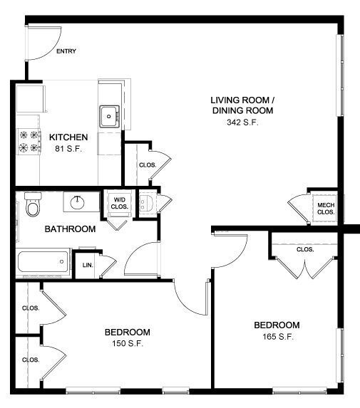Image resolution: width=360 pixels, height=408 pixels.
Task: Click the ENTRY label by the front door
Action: [66, 51]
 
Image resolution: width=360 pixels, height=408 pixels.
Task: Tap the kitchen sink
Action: [109, 116]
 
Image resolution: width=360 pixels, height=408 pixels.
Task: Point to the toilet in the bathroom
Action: [33, 204]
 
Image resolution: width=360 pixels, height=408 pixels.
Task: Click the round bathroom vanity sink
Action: [78, 203]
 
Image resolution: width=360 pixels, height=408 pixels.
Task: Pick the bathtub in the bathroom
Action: [43, 261]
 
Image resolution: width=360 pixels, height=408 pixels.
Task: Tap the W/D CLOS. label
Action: [120, 203]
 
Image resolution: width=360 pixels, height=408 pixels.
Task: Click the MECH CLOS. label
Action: [326, 209]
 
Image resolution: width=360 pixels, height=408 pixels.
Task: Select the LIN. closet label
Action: [88, 265]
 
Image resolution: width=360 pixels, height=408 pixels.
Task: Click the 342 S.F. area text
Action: [242, 122]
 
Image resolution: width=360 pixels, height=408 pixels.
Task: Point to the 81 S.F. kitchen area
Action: [68, 149]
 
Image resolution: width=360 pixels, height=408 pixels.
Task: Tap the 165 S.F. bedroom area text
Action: [278, 337]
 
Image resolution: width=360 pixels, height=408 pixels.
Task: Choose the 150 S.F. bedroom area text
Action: [128, 343]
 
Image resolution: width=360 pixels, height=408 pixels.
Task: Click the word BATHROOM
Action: [70, 229]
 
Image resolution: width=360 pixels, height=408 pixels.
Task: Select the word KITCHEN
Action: [68, 137]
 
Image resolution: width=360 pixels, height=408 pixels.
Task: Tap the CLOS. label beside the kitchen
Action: [148, 165]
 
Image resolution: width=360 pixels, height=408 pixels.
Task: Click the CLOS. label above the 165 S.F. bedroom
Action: [305, 249]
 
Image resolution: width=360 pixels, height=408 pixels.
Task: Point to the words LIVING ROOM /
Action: [243, 100]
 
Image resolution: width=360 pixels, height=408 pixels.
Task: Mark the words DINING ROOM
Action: [243, 110]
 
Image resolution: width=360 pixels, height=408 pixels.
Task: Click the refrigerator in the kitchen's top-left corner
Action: [30, 98]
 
